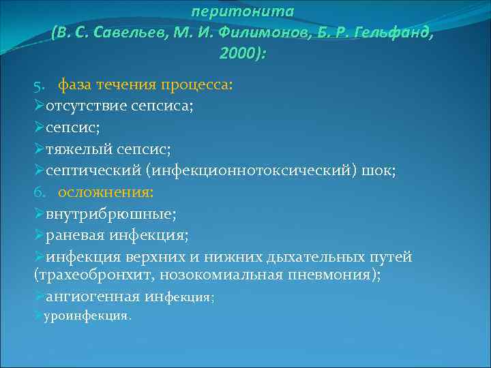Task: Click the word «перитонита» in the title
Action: point(252,11)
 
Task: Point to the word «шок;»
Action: point(381,172)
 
